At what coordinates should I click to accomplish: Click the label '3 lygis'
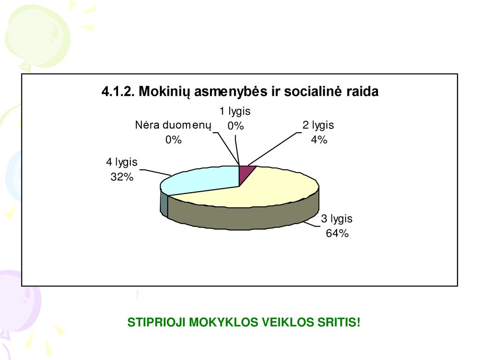tap(337, 218)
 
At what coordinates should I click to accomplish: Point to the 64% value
tap(337, 233)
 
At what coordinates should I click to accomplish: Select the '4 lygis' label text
tap(121, 162)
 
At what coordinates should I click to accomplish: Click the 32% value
tap(122, 177)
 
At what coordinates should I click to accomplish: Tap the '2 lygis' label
tap(318, 125)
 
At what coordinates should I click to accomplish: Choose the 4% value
tap(319, 140)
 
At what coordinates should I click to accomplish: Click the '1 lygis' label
tap(235, 111)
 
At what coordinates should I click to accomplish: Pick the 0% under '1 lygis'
tap(235, 126)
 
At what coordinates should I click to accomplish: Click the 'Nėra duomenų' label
tap(173, 125)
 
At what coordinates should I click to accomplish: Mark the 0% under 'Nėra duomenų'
tap(173, 140)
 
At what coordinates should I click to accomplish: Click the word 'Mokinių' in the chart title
tap(165, 91)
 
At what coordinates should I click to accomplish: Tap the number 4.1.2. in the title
tap(118, 91)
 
